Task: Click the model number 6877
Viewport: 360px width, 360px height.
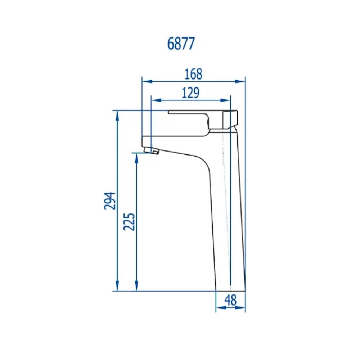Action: click(181, 44)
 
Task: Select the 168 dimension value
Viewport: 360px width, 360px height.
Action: click(193, 74)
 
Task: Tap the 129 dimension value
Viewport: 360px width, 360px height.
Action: click(190, 93)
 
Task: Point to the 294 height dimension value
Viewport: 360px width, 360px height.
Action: click(110, 201)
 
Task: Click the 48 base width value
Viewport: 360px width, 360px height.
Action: click(230, 300)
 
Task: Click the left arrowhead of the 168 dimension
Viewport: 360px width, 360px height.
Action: click(145, 81)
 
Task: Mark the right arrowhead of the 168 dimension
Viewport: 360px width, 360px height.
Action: click(242, 81)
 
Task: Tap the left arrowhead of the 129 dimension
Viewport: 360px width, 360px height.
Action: click(154, 100)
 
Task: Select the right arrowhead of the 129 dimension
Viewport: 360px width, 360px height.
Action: click(227, 100)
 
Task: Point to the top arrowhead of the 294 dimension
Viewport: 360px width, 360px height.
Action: click(117, 114)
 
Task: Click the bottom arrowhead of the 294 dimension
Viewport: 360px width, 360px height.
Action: click(117, 287)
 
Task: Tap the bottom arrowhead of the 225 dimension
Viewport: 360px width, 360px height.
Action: click(136, 287)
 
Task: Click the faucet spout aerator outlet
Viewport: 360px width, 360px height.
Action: click(152, 150)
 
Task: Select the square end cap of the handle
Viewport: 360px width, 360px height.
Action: click(230, 120)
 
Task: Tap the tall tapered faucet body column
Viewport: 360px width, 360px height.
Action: click(227, 216)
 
